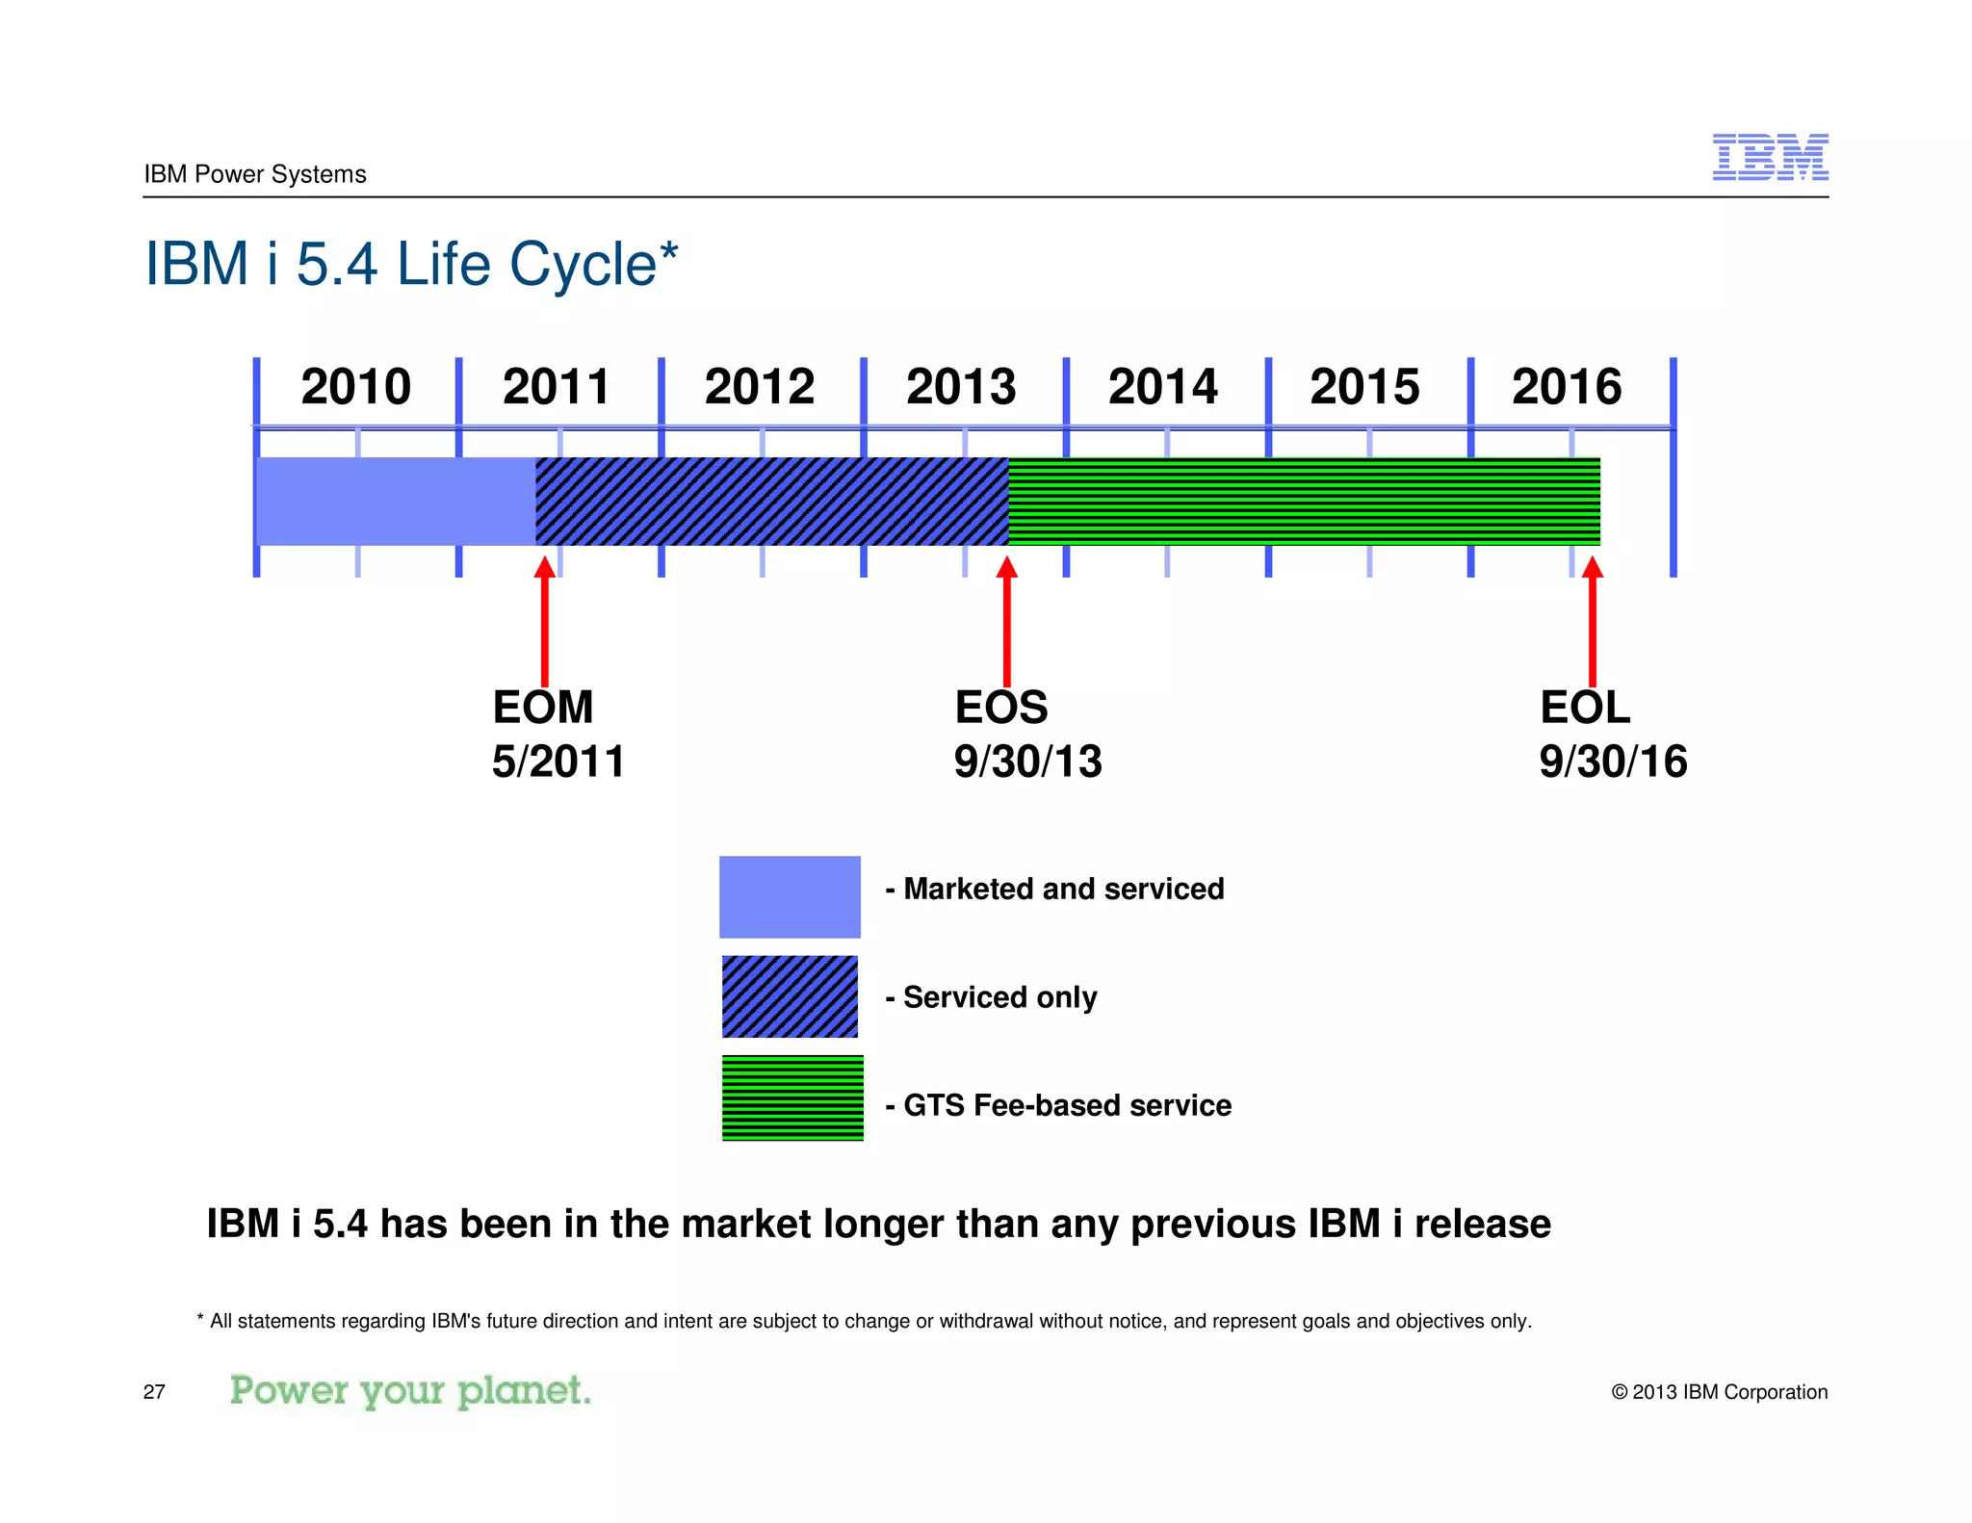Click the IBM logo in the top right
1769,157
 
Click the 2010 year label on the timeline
355,387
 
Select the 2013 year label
961,387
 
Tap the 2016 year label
1566,387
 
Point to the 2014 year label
1162,387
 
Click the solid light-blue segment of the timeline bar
395,502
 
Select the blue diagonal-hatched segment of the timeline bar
770,502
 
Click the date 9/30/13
1027,761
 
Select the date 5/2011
558,761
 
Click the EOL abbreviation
1584,708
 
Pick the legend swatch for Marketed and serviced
790,896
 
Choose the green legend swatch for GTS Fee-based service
791,1098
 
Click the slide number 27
154,1392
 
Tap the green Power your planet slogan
410,1391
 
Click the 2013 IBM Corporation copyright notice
1719,1392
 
